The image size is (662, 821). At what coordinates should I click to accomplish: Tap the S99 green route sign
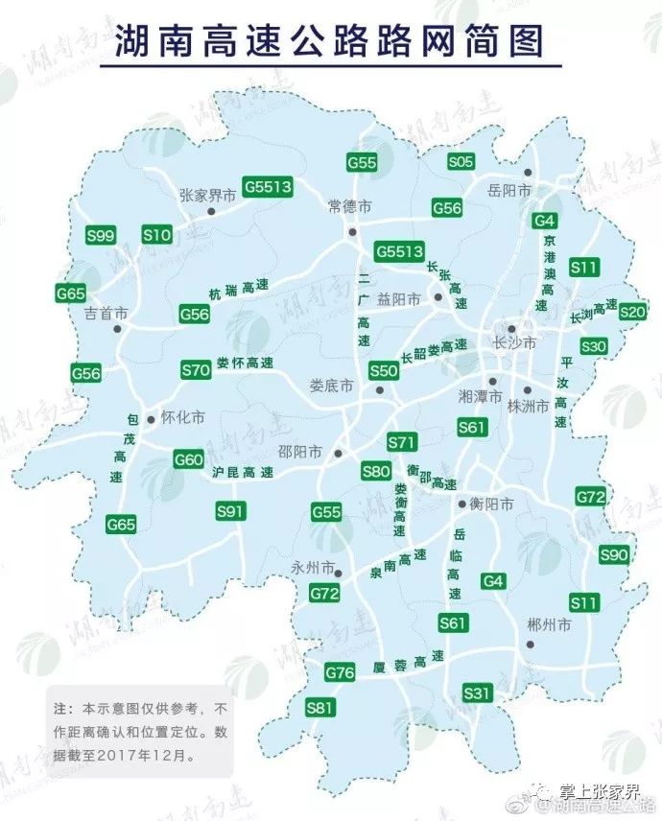click(100, 235)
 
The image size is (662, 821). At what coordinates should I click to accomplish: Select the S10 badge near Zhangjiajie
click(156, 234)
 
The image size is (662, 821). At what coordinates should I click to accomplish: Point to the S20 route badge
click(632, 311)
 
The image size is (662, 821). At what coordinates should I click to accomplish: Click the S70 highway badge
click(196, 369)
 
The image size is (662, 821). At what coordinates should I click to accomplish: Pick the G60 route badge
click(189, 459)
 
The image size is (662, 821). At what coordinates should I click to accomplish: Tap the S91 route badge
click(230, 511)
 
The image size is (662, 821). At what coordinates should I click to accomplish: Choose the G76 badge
click(340, 673)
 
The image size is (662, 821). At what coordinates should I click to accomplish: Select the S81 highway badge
click(320, 708)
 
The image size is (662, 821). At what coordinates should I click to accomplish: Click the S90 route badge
click(613, 554)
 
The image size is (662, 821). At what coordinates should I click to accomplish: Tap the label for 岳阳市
click(509, 191)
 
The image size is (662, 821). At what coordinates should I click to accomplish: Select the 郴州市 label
click(549, 624)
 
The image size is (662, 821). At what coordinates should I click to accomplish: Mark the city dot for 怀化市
click(151, 419)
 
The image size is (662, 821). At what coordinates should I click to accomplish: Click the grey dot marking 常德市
click(352, 232)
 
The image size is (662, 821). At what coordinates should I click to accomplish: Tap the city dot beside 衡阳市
click(461, 502)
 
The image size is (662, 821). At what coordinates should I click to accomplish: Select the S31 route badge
click(477, 692)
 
